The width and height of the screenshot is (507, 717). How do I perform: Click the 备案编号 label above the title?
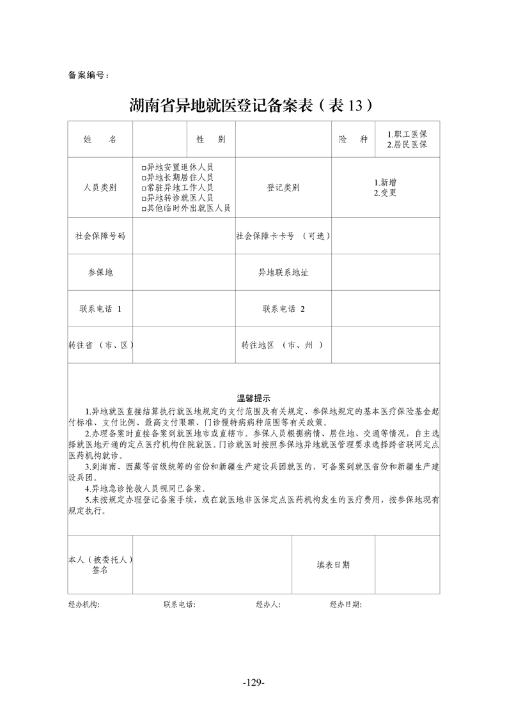click(x=88, y=75)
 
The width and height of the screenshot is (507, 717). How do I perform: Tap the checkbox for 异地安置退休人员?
click(x=144, y=167)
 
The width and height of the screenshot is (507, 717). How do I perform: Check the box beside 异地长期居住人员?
click(x=144, y=178)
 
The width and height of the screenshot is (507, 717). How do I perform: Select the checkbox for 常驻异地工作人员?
click(x=144, y=188)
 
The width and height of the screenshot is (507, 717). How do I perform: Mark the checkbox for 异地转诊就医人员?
click(x=144, y=198)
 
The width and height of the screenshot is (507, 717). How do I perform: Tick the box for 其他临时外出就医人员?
click(x=144, y=208)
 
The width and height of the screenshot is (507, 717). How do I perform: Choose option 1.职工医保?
click(x=407, y=135)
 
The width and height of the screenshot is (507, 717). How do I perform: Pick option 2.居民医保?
click(x=407, y=145)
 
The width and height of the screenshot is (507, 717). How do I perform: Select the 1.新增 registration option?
click(x=386, y=182)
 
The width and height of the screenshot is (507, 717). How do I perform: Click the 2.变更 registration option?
click(x=386, y=192)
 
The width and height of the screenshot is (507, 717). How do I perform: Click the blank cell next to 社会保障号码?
click(x=183, y=236)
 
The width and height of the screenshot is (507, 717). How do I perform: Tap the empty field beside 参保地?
click(x=183, y=272)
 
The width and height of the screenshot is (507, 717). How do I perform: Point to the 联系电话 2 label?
click(x=283, y=309)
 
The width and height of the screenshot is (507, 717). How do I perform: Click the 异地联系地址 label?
click(x=283, y=272)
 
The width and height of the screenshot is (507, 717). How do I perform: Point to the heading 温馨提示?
click(x=254, y=397)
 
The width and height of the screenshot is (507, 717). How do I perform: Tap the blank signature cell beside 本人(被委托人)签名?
click(x=212, y=565)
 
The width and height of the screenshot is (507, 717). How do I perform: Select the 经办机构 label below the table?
click(x=84, y=604)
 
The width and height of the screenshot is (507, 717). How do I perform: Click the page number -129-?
click(x=254, y=682)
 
